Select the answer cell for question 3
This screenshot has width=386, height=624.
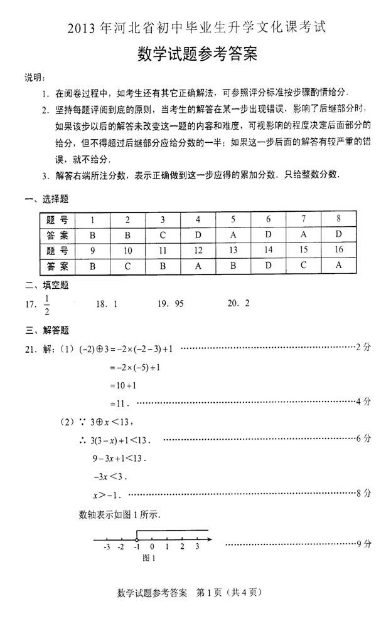click(x=163, y=236)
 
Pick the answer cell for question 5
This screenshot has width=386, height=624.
click(x=233, y=236)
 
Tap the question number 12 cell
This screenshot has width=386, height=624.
click(x=198, y=251)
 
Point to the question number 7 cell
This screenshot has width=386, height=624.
click(x=303, y=220)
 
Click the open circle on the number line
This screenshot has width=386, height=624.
click(x=137, y=539)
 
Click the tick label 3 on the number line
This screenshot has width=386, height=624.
click(x=197, y=548)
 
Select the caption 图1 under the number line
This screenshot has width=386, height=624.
click(x=149, y=558)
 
